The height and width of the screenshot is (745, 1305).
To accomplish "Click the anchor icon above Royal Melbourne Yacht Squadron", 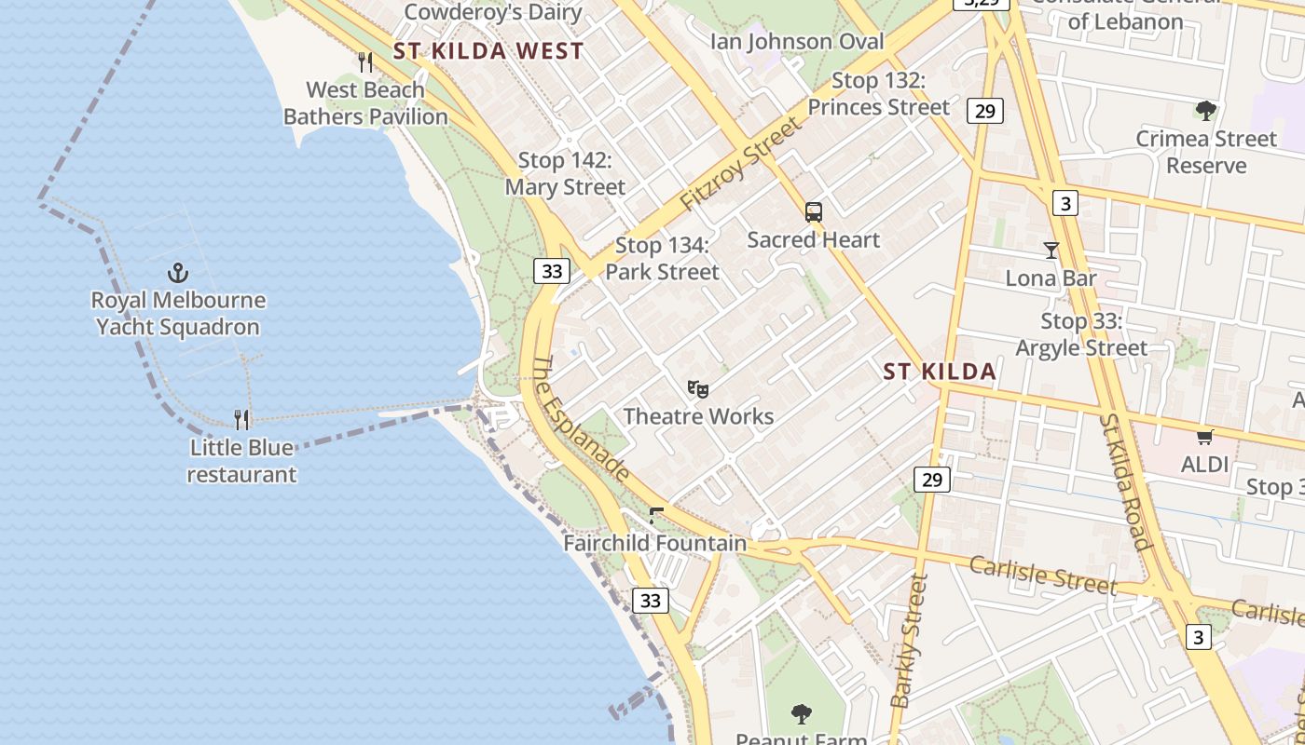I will click(x=177, y=273).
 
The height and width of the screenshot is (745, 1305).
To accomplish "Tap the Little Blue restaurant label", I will click(x=241, y=461).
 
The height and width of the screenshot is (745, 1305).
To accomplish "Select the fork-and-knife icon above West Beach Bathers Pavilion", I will click(x=365, y=62).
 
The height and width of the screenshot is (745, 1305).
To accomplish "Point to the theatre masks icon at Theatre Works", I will click(x=697, y=388).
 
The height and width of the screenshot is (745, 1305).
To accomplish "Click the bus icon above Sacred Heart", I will click(x=814, y=212).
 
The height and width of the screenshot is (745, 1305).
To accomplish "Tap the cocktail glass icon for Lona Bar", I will click(x=1051, y=250).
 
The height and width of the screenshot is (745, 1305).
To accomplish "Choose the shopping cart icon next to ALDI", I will click(x=1204, y=436).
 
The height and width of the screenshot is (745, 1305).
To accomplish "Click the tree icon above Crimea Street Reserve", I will click(x=1205, y=111).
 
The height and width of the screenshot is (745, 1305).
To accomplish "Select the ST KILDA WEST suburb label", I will click(x=488, y=51).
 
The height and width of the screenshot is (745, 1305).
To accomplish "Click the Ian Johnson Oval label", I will click(x=797, y=41).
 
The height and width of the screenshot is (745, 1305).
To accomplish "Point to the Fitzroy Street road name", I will click(x=740, y=163).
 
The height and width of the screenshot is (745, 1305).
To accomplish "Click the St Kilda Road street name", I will click(x=1124, y=483).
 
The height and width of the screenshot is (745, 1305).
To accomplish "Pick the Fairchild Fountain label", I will click(x=655, y=543).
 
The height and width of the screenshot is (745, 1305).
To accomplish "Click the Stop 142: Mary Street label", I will click(x=565, y=174).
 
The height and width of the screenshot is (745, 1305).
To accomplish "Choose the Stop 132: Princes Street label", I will click(x=878, y=94).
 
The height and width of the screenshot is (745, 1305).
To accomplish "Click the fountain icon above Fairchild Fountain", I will click(x=656, y=515).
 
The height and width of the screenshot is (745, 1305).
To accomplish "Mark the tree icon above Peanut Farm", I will click(x=801, y=714).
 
